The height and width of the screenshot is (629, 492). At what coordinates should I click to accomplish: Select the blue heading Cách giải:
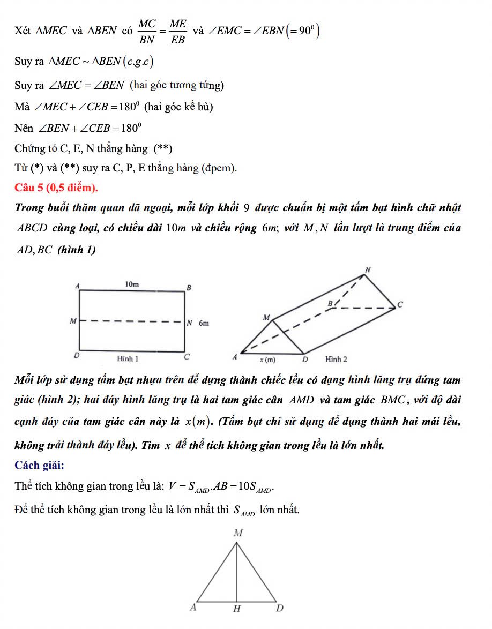coord(39,465)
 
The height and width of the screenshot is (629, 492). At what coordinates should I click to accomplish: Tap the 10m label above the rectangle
coord(132,284)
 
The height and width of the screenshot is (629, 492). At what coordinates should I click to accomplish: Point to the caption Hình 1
coord(128,358)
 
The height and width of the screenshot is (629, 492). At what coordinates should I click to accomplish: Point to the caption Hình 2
coord(336,358)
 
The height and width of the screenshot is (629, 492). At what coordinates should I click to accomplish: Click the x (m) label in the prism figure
coord(267,359)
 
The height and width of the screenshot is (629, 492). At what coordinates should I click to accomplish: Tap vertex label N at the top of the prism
coord(368,268)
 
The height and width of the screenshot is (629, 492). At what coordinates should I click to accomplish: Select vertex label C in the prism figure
coord(399,305)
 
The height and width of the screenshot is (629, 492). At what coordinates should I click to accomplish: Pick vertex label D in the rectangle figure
coord(76,356)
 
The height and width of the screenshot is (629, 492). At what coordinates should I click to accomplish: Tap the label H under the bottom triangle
coord(236,609)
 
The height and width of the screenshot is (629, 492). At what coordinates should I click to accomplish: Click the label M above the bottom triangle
coord(238,533)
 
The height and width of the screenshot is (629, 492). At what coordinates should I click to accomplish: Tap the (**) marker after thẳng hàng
coord(163,148)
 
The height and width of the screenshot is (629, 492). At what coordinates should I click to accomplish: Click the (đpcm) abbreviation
coord(219,168)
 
